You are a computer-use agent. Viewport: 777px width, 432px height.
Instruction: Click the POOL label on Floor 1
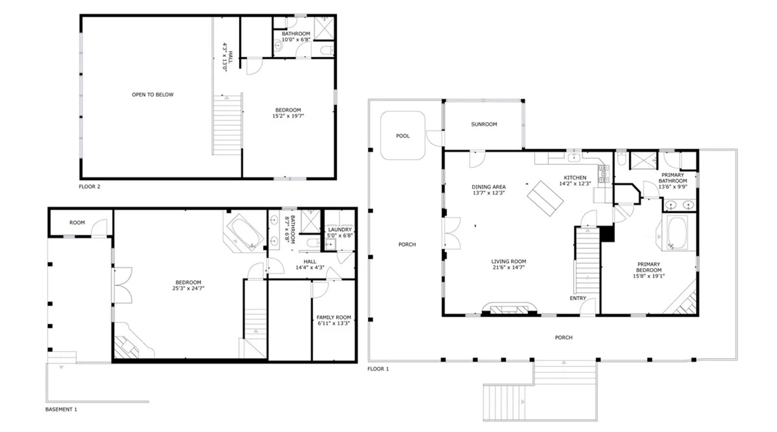403,136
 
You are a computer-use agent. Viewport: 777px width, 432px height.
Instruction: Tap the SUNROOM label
484,124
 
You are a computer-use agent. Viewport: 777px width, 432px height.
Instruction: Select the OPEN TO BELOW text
152,95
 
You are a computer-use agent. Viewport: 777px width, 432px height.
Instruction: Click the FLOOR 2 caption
89,187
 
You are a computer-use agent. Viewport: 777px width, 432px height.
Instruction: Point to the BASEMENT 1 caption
61,409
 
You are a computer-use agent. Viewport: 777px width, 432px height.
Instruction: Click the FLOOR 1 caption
378,368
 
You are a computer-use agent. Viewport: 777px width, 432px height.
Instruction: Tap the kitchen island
545,198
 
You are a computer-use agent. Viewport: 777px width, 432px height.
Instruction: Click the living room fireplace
509,308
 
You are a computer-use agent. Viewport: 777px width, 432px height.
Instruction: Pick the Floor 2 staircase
227,125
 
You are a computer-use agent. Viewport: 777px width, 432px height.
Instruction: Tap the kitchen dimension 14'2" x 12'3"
575,184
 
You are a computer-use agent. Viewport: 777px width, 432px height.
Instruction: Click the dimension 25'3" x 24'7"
188,288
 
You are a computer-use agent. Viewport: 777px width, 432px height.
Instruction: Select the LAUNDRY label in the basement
340,230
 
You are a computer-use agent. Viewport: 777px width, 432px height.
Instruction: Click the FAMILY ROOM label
334,317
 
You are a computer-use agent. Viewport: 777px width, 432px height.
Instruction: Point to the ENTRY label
578,298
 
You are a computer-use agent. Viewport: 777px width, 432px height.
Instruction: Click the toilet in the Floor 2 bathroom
327,50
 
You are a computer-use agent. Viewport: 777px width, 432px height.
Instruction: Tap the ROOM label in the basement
77,222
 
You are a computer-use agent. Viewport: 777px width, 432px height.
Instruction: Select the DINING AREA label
489,187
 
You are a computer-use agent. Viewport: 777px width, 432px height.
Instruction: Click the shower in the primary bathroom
644,160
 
